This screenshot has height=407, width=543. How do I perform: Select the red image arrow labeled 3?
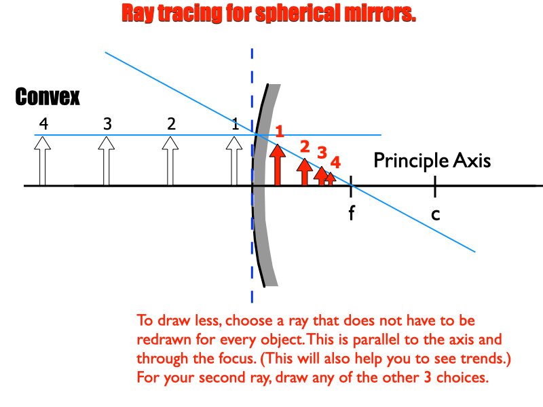coord(321,176)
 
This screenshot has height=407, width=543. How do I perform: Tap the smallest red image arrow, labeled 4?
coord(331,178)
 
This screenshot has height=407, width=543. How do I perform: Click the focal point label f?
coord(352,213)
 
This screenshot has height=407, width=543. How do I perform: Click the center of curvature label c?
coord(436,214)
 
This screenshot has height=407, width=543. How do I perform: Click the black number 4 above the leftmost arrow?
coord(43,123)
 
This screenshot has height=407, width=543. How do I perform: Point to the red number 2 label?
coord(304,146)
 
